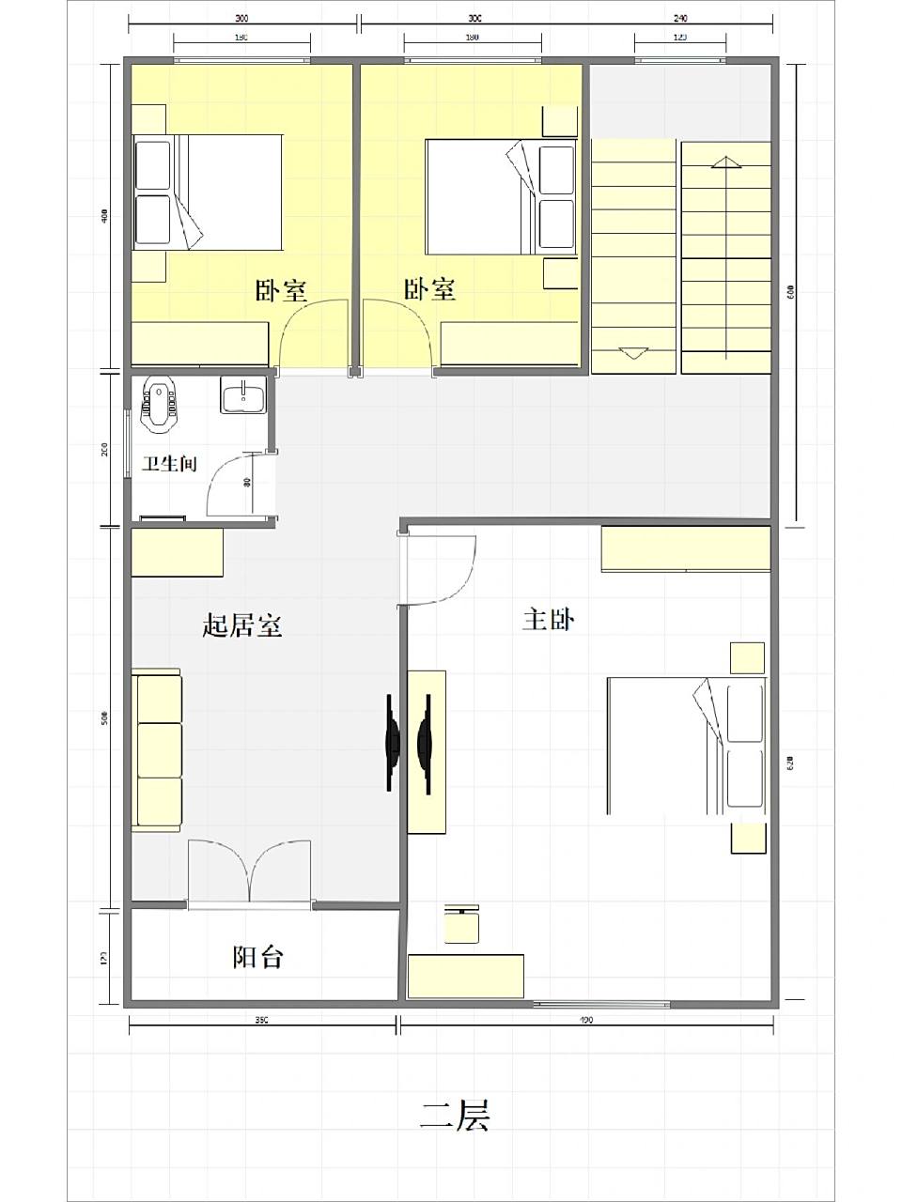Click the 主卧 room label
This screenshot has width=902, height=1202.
pyautogui.click(x=549, y=620)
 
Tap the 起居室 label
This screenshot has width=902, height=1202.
pyautogui.click(x=242, y=625)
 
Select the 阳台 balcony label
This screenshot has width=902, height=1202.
pyautogui.click(x=257, y=957)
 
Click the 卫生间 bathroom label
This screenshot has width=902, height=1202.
pyautogui.click(x=169, y=463)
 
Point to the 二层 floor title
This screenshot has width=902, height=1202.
pyautogui.click(x=455, y=1115)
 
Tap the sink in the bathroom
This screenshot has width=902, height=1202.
pyautogui.click(x=244, y=394)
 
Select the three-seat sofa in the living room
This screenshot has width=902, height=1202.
pyautogui.click(x=157, y=749)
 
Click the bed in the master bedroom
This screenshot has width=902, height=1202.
pyautogui.click(x=686, y=746)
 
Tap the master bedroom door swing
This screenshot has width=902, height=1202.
pyautogui.click(x=442, y=569)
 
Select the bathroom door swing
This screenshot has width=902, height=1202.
pyautogui.click(x=235, y=485)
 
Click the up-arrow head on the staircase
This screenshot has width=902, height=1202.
pyautogui.click(x=724, y=162)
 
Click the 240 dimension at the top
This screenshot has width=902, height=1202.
pyautogui.click(x=680, y=18)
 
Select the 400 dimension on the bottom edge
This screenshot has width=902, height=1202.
pyautogui.click(x=586, y=1020)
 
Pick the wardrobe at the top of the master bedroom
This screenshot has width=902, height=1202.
pyautogui.click(x=685, y=548)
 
